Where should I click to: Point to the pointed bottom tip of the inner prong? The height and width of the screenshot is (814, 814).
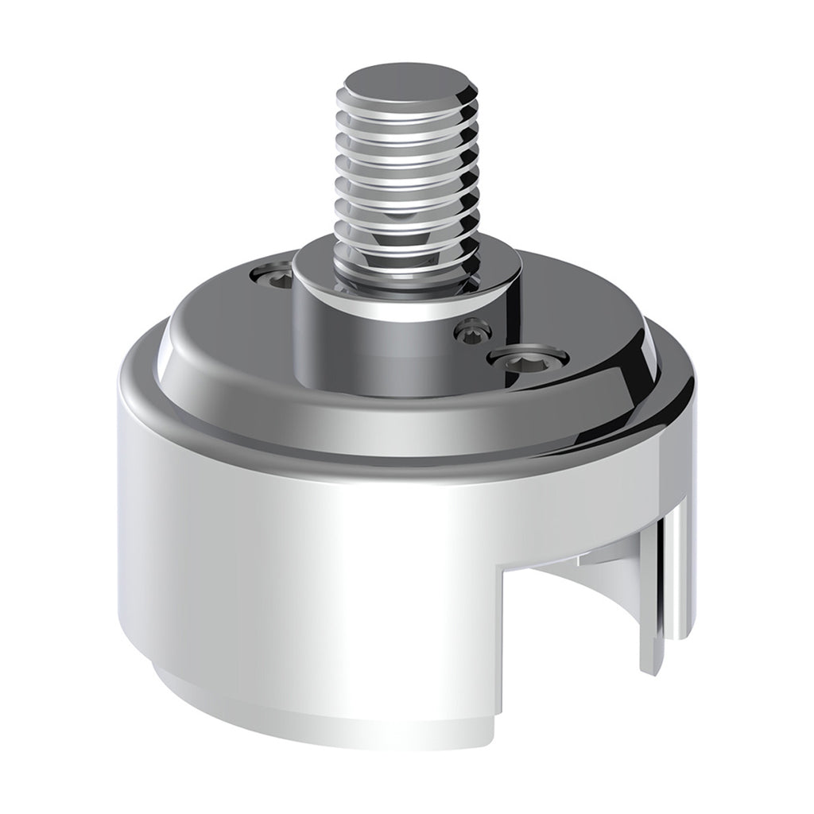[649, 669]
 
